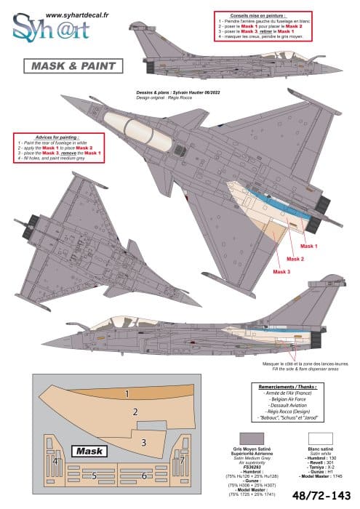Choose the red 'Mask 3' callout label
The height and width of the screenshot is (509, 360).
pos(281,271)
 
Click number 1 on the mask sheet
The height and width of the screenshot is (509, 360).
pos(127,394)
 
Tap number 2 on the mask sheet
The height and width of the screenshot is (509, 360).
pos(135,412)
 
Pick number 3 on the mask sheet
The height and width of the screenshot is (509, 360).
pos(143,441)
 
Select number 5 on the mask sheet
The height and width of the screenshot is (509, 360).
pos(94,476)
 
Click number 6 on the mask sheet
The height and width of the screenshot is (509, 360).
pos(144,476)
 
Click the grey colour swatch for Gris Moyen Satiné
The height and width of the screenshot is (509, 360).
pos(247,436)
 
